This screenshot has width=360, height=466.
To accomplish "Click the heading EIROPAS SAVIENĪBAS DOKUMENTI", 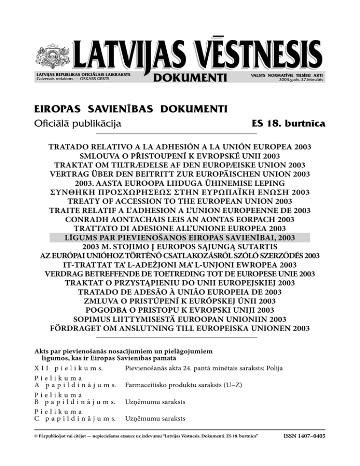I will point(132,110).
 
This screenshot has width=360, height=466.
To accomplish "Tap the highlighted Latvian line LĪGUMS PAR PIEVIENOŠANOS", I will point(180,238).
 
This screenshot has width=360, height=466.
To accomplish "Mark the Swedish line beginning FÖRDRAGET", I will point(180,328).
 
